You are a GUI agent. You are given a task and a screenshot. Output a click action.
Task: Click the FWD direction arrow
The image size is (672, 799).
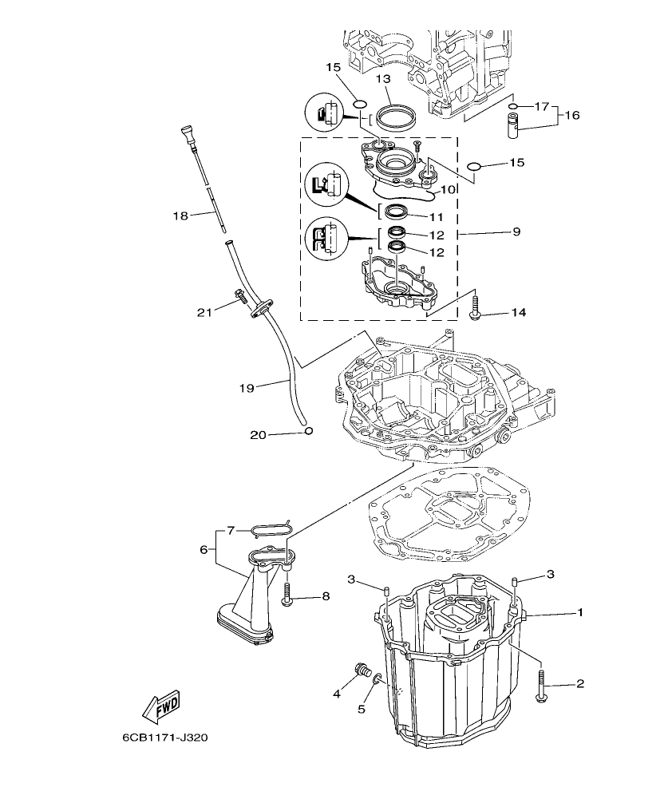coord(160,706)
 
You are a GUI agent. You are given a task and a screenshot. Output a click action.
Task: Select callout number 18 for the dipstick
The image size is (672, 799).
coord(180,215)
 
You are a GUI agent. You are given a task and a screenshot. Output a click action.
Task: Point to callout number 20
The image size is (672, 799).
coord(257,434)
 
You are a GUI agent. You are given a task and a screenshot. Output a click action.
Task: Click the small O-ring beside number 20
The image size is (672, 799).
coord(307,432)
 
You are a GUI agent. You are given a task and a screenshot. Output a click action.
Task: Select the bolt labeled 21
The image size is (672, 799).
coord(239,299)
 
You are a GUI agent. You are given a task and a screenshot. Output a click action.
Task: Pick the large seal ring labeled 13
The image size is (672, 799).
coord(396,117)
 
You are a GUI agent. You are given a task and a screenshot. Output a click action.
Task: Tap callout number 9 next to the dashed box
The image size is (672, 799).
coord(516,232)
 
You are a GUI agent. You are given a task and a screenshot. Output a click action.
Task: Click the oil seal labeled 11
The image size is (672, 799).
coord(396,212)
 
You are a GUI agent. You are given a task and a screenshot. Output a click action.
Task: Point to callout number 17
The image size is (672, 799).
coord(542,106)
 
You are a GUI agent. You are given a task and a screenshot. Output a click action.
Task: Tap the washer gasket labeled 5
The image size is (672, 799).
coord(378,681)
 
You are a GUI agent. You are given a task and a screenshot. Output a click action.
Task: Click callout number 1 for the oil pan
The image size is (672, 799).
coord(580,613)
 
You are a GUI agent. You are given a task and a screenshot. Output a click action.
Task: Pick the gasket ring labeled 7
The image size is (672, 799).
coord(271,528)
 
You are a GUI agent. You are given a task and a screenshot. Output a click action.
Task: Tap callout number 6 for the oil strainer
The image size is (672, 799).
coord(204,550)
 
